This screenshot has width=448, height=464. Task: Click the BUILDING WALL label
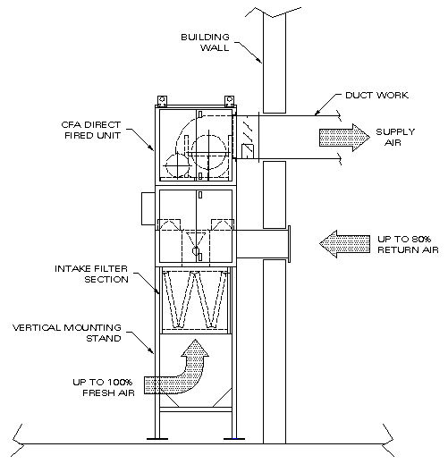point(206,42)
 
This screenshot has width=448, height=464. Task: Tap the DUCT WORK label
point(376,96)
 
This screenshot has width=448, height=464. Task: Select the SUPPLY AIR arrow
point(344,138)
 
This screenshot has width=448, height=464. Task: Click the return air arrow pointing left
point(344,244)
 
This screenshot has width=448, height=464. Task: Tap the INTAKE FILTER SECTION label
point(91,274)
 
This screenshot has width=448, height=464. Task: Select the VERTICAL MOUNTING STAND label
point(67,333)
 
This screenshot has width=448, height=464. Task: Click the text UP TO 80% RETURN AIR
point(408,244)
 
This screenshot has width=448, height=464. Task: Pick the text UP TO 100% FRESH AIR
point(104,387)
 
